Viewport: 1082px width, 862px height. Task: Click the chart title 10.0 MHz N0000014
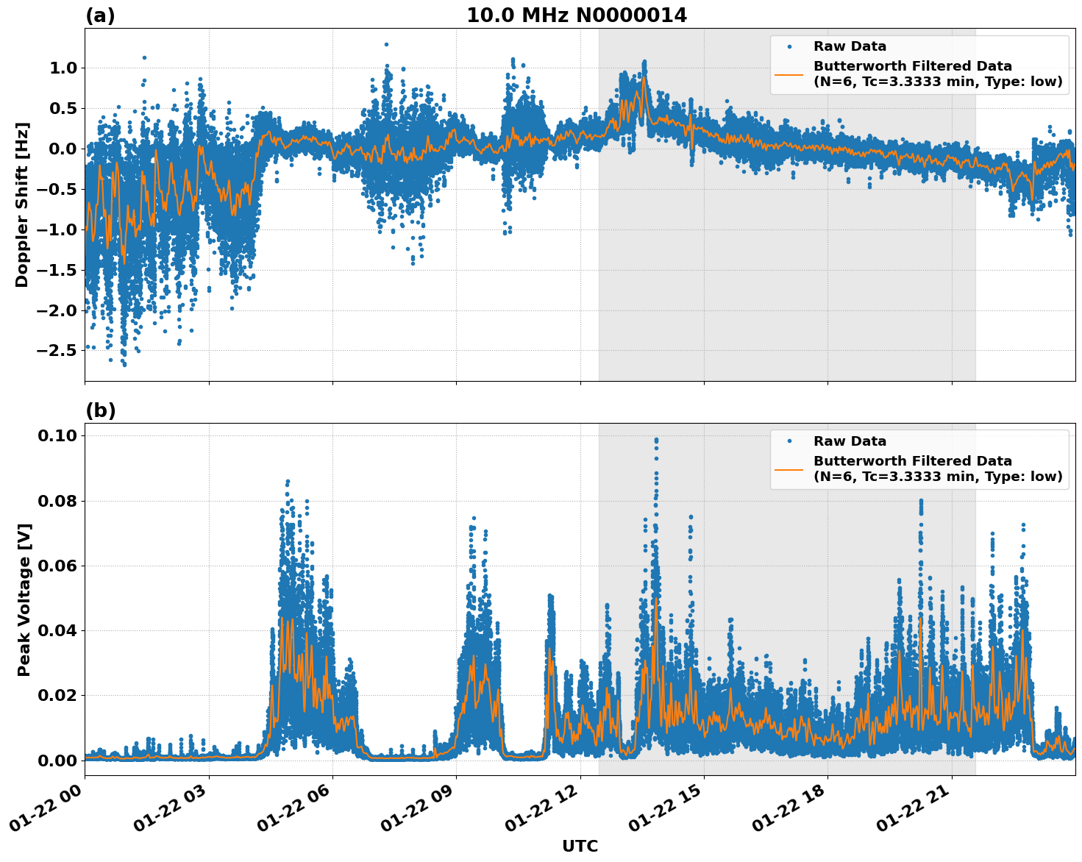[x=577, y=15]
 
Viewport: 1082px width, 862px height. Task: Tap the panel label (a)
[x=100, y=15]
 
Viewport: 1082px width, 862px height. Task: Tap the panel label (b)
[x=100, y=410]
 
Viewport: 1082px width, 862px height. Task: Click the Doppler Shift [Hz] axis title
[x=22, y=204]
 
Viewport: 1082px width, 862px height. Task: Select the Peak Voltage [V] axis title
[x=24, y=599]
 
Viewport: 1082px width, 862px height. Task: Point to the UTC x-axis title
[x=580, y=847]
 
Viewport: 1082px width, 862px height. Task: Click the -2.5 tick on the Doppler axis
[x=56, y=350]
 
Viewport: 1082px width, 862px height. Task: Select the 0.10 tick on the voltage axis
[x=58, y=435]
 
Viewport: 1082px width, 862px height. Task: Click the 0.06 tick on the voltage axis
[x=58, y=566]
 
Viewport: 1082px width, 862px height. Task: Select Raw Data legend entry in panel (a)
[x=850, y=46]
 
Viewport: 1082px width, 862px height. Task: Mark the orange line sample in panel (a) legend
[x=789, y=74]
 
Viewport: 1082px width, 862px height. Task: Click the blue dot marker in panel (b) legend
[x=789, y=441]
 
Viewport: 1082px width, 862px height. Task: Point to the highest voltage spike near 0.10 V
[x=656, y=439]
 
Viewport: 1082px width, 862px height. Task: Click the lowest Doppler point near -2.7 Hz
[x=124, y=364]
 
